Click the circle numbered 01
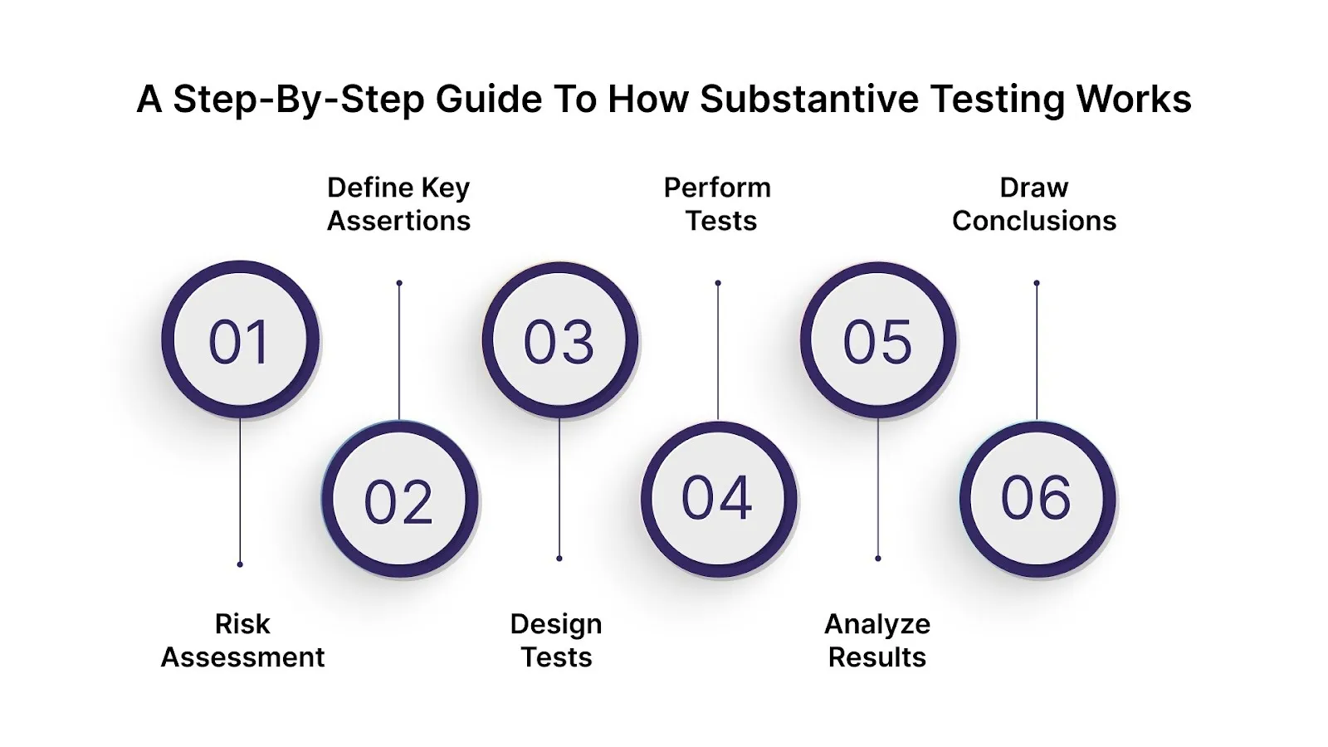coord(240,339)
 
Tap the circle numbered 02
coord(399,500)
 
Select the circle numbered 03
coord(559,339)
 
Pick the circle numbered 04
coord(718,499)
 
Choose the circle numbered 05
coord(877,339)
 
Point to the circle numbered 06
coord(1037,499)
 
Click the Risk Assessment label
coord(242,640)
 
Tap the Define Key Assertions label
coord(398,204)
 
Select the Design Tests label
coord(556,640)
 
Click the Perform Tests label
coord(718,204)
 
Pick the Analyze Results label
coord(877,640)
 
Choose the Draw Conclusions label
coord(1034,204)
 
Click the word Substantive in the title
coord(809,99)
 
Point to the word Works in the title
coord(1134,99)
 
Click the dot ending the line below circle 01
coord(240,564)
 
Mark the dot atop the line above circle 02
coord(399,283)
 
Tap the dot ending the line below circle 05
coord(878,559)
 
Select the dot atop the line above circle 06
coord(1037,283)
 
